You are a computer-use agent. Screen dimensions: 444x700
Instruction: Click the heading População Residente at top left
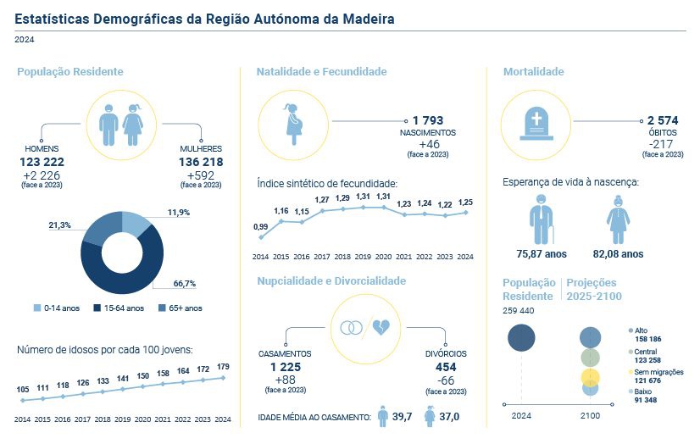point(70,72)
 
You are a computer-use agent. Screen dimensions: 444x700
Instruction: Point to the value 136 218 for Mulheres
point(201,161)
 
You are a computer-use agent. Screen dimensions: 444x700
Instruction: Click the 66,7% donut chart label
point(186,283)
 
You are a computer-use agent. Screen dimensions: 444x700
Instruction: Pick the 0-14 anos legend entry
point(58,308)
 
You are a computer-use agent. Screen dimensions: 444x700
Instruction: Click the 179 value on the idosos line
point(224,367)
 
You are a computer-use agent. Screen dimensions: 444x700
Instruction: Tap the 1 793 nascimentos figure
point(428,121)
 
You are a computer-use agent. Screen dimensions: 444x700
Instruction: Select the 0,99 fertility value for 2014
point(261,226)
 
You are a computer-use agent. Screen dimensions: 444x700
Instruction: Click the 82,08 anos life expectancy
point(618,253)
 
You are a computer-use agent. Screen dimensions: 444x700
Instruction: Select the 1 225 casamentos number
point(285,367)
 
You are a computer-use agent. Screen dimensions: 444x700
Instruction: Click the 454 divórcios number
point(445,367)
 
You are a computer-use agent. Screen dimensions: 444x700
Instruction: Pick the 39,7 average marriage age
point(403,417)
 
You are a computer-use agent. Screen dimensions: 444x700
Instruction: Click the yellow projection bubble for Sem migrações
point(591,377)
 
